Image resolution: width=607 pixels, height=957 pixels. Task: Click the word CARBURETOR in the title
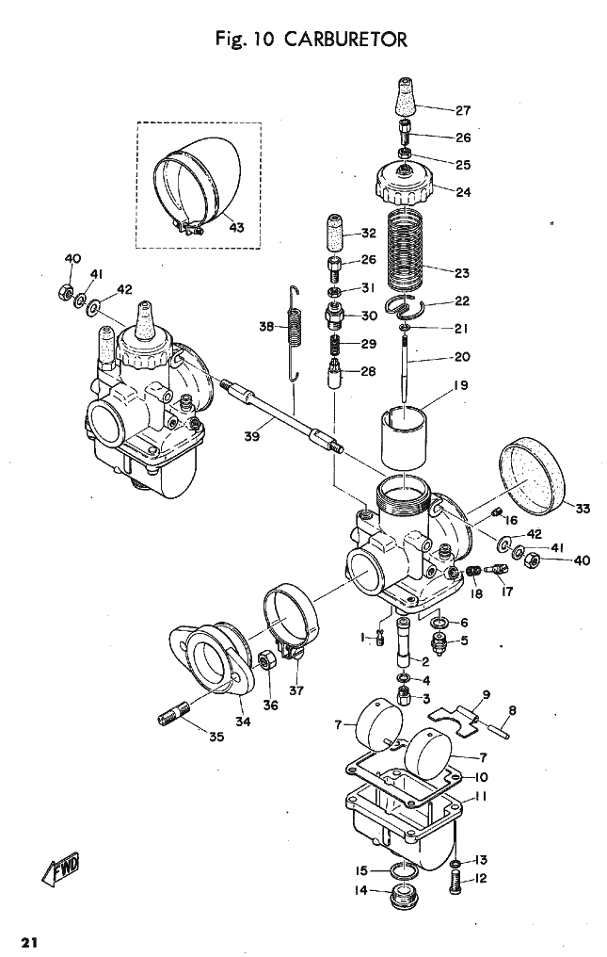coord(345,40)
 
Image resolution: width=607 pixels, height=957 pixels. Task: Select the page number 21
coord(29,942)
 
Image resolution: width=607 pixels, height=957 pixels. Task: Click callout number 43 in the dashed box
coord(236,227)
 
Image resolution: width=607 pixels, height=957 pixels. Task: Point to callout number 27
coord(463,110)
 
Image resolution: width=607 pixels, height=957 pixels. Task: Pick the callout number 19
coord(460,385)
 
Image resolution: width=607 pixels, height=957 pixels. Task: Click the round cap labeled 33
coord(532,477)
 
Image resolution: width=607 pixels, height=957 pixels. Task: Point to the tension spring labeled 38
coord(295,333)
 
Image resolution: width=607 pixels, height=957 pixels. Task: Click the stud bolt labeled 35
coord(174,713)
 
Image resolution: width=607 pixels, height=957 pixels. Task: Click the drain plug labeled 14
coord(402,896)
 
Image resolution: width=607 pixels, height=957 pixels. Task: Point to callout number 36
coord(270,706)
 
